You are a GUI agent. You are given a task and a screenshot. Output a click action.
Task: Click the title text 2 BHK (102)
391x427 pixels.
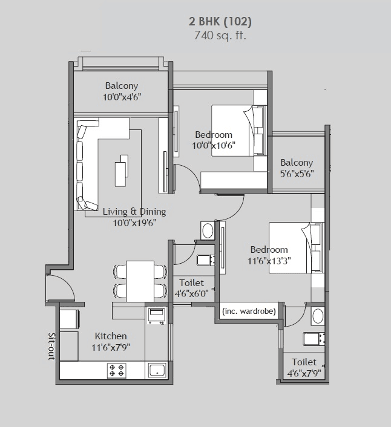(x=220, y=22)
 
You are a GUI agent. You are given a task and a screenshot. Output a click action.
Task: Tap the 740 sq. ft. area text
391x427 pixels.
(x=220, y=35)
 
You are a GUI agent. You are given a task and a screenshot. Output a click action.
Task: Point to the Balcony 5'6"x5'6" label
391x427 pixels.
(x=297, y=168)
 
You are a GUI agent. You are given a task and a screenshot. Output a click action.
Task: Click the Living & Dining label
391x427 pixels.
(x=134, y=212)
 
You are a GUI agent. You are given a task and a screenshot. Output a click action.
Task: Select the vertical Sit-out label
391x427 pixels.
(x=51, y=346)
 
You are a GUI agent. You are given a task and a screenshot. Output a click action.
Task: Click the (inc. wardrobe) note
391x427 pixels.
(x=249, y=311)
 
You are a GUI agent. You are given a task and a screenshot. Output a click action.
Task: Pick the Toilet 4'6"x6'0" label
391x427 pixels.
(x=191, y=288)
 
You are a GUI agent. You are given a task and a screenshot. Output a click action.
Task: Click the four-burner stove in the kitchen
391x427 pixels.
(x=116, y=370)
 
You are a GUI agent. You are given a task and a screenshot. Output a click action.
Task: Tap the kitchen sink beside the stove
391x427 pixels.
(x=157, y=370)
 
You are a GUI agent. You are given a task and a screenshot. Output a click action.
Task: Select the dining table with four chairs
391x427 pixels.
(x=140, y=281)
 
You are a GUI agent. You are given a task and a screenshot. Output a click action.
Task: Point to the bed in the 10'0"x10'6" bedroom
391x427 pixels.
(x=238, y=131)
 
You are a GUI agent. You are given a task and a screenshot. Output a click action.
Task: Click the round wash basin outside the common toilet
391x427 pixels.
(x=207, y=230)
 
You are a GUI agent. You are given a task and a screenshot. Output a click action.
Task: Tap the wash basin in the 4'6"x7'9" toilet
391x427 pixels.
(x=317, y=316)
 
